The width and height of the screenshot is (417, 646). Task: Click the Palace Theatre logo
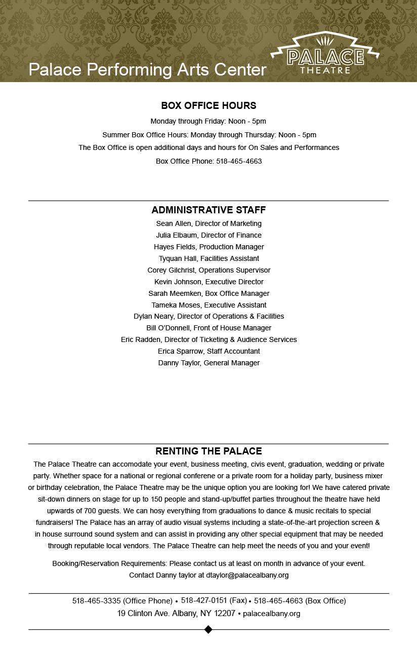click(324, 54)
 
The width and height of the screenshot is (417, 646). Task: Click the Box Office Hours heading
click(209, 105)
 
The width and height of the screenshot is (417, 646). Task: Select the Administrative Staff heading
click(209, 210)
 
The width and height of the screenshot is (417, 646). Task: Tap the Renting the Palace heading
click(209, 451)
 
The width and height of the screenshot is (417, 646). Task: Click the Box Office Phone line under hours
click(209, 161)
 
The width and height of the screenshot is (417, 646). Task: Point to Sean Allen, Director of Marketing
click(209, 223)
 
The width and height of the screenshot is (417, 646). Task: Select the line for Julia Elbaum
click(209, 235)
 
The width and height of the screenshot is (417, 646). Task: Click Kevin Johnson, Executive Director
click(209, 282)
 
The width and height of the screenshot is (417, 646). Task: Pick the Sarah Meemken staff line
click(209, 293)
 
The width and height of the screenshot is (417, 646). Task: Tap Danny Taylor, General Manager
click(209, 363)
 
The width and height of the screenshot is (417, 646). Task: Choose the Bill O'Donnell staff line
click(209, 328)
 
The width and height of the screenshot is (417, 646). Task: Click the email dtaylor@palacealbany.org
click(247, 575)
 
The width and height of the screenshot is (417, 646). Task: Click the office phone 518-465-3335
click(96, 601)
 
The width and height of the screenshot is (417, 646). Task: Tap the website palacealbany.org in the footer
click(271, 614)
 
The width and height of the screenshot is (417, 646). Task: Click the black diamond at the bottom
click(208, 629)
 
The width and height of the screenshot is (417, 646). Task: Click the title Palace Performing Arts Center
click(147, 69)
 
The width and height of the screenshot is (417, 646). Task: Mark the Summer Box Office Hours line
click(209, 135)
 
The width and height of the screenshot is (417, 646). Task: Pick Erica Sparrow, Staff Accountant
click(209, 351)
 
